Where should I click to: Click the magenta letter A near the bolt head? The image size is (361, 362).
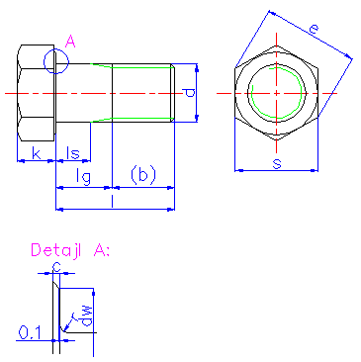tap(70, 42)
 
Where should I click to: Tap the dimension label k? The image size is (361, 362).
tap(37, 153)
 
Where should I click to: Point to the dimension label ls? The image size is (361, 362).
tap(73, 153)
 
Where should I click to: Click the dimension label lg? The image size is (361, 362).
tap(83, 177)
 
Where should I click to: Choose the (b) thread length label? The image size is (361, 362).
tap(143, 175)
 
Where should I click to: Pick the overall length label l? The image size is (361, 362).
tap(113, 201)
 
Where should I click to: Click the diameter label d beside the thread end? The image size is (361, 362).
tap(189, 93)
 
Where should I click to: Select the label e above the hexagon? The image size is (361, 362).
tap(314, 30)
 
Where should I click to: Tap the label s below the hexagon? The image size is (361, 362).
tap(277, 163)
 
